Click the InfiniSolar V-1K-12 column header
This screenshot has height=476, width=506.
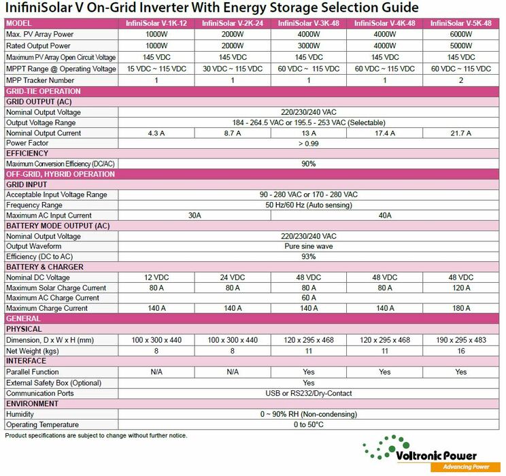(x=156, y=24)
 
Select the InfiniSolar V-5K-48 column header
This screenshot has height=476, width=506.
(x=461, y=24)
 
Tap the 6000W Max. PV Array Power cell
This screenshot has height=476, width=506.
(x=461, y=34)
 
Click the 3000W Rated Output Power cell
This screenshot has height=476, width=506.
(x=309, y=46)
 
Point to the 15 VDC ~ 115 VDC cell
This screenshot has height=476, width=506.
(x=156, y=69)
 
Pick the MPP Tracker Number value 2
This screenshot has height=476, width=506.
(x=461, y=80)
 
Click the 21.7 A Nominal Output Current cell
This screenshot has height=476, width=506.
(x=461, y=133)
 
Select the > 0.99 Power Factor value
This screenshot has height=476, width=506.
(x=309, y=143)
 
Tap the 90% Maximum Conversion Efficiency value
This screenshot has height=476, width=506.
(x=309, y=164)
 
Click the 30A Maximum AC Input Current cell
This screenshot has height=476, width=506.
(x=195, y=216)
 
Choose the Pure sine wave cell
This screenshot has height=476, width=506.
(x=309, y=246)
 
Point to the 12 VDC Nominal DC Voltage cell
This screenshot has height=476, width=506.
(x=156, y=277)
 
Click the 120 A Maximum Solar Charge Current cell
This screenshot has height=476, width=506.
(x=461, y=288)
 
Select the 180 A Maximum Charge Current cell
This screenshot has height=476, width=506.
(x=461, y=308)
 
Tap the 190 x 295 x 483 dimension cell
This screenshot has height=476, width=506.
(x=461, y=340)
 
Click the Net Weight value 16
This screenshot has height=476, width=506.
(x=461, y=351)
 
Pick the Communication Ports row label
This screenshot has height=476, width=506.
(x=40, y=393)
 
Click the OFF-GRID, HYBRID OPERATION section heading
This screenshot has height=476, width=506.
(x=61, y=174)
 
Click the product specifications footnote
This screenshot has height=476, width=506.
(x=96, y=435)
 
